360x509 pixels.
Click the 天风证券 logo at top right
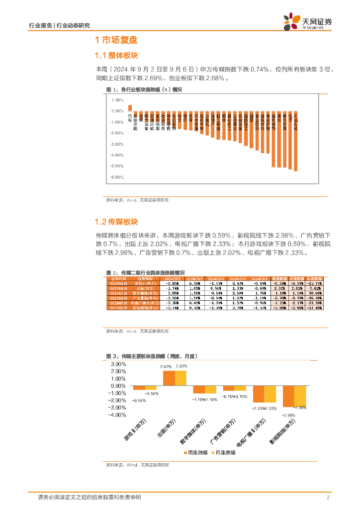point(308,21)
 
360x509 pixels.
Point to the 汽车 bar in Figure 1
point(130,108)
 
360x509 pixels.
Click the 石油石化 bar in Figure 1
point(296,141)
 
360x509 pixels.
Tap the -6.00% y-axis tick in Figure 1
point(117,177)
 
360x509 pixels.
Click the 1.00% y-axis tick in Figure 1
point(118,100)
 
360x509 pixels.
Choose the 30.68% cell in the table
point(314,293)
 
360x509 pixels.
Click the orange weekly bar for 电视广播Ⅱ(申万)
point(258,394)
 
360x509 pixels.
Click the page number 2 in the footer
point(328,497)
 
